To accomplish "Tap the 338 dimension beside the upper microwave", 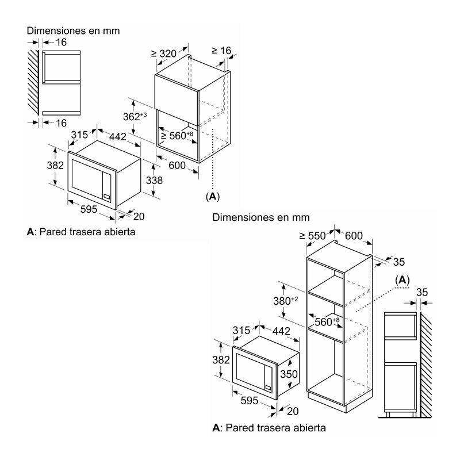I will pyautogui.click(x=154, y=181).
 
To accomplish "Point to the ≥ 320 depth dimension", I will pyautogui.click(x=164, y=53).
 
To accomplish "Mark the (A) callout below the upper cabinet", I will pyautogui.click(x=213, y=197).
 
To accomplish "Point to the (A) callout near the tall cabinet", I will pyautogui.click(x=402, y=280).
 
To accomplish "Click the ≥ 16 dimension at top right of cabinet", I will pyautogui.click(x=221, y=51).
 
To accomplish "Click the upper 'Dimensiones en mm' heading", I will pyautogui.click(x=74, y=30).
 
